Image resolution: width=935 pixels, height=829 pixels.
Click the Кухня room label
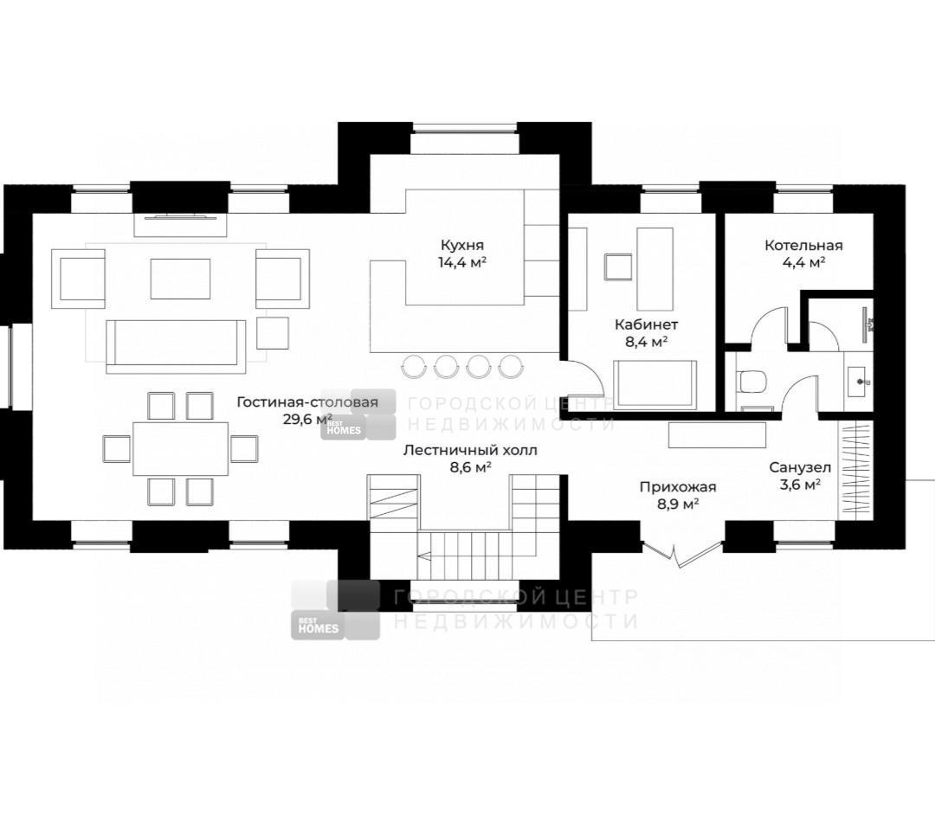coord(462,245)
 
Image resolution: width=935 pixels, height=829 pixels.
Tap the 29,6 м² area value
coord(307,419)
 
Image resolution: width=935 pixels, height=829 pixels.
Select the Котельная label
coord(803,246)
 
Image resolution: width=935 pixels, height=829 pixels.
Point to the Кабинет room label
coord(646,325)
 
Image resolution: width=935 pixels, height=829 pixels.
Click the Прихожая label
coord(677,487)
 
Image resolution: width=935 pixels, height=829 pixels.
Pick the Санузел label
coord(800,467)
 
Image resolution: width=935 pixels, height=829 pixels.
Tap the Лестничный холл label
coord(470,450)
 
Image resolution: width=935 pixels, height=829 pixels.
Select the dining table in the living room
coord(181,448)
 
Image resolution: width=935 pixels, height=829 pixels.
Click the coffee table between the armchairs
coord(180,279)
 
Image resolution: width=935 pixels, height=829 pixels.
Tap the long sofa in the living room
coord(176,346)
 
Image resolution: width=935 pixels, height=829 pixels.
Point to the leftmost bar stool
coord(412,366)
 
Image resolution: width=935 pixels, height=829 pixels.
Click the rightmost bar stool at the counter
coord(510,366)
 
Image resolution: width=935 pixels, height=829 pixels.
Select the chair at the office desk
coord(618,267)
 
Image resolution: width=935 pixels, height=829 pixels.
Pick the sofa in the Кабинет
coord(655,385)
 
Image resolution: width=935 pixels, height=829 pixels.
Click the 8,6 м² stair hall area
coord(470,467)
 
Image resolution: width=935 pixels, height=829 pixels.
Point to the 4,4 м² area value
coord(803,262)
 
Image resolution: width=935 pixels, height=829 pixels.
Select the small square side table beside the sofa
coord(273,332)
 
